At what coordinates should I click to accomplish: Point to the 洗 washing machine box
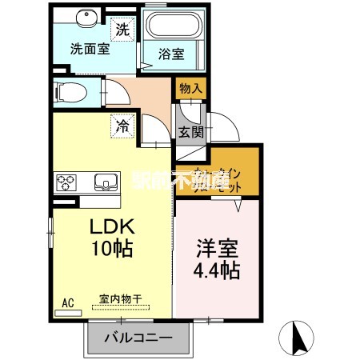click(122, 29)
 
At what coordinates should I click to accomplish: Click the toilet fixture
click(68, 91)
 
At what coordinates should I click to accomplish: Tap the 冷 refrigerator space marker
click(122, 126)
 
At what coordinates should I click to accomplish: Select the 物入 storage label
click(190, 86)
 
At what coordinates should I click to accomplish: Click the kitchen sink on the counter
click(105, 182)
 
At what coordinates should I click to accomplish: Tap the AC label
click(68, 303)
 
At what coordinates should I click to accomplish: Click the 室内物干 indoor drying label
click(120, 299)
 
